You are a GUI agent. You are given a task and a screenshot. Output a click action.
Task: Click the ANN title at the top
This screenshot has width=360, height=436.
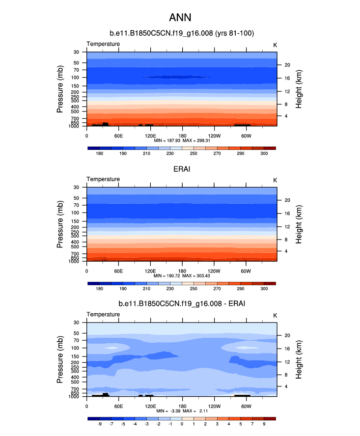[x=181, y=18]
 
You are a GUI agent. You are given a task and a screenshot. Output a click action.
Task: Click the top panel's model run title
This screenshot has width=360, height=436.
[x=181, y=33]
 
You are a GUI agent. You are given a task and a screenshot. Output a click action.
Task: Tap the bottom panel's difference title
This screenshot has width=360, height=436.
[x=181, y=304]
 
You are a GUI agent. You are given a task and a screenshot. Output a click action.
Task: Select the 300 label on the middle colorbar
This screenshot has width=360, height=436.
[x=264, y=289]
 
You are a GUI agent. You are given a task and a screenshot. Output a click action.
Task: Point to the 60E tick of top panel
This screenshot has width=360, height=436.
[x=118, y=136]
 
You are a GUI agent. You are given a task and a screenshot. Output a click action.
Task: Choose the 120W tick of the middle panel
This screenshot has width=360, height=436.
[x=214, y=271]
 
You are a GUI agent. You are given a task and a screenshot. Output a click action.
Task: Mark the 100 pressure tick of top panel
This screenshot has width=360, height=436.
[x=77, y=78]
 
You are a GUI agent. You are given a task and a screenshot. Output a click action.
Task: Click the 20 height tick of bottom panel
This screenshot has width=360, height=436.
[x=287, y=335]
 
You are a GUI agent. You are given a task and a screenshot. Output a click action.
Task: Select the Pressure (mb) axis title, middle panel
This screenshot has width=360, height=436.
[x=60, y=224]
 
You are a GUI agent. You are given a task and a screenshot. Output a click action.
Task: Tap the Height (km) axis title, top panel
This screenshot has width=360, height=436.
[x=299, y=89]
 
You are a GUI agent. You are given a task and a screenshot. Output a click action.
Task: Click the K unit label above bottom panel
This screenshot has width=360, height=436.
[x=275, y=315]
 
